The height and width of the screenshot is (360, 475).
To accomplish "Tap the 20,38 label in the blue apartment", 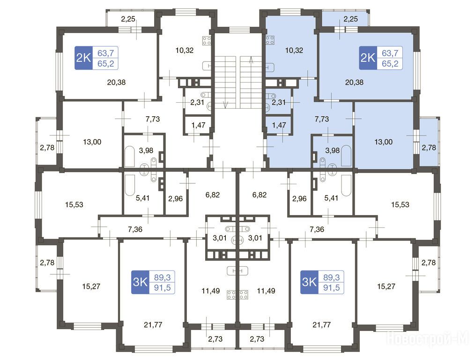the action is [354, 82].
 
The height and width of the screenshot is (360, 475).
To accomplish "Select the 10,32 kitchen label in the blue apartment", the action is [294, 50].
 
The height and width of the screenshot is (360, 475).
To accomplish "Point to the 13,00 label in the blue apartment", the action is [384, 142].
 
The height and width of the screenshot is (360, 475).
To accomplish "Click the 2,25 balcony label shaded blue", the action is [350, 19].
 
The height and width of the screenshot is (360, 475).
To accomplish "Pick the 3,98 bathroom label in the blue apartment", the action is [332, 150].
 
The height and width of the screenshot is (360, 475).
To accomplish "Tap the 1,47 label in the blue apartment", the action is [279, 125].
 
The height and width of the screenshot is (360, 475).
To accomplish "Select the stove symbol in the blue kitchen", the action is [270, 40].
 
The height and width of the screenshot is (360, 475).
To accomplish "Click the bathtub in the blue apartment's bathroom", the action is [346, 156].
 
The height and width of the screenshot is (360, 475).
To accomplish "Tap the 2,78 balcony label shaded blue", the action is [429, 148].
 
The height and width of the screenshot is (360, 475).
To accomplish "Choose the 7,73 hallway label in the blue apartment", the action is [321, 119].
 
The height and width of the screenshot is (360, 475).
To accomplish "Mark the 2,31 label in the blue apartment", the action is [278, 103].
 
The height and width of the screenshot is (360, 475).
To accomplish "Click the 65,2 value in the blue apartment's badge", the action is [390, 64].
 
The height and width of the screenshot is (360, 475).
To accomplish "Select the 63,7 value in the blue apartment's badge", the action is [390, 53].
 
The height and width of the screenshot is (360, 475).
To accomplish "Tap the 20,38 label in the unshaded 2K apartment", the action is [116, 82].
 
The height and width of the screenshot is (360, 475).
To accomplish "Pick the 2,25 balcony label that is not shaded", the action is [128, 19].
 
